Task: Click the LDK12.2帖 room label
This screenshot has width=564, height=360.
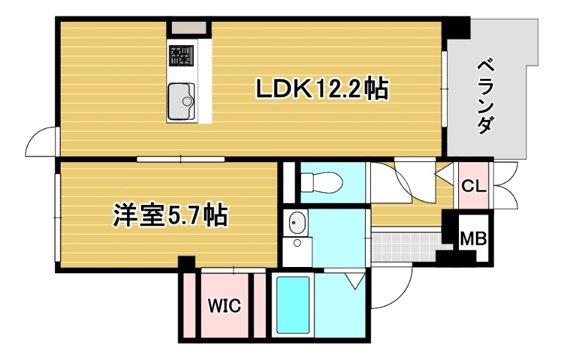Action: [321, 89]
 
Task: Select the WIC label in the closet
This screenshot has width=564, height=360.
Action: [224, 306]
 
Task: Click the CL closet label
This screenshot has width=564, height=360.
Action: [473, 186]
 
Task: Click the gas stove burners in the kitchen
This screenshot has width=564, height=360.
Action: [180, 56]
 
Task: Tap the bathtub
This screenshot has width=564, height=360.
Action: [292, 306]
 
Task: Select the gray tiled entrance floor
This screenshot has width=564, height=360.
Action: [405, 245]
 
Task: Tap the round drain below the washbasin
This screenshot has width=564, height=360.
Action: [298, 244]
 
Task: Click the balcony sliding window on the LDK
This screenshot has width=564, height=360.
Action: [444, 88]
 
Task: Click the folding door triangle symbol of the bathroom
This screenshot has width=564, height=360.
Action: [354, 282]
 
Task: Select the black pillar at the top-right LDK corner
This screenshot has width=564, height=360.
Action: [459, 27]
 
